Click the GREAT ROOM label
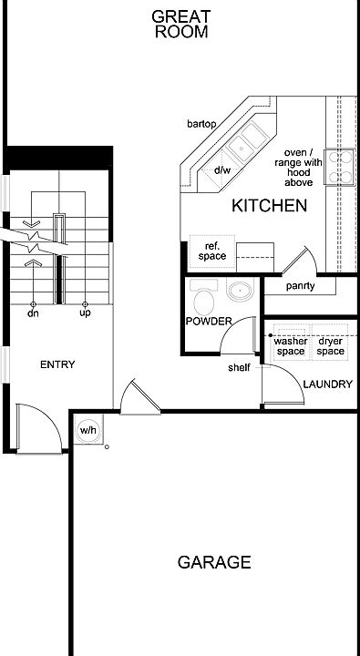point(180,25)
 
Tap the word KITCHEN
point(269,206)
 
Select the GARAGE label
point(214,562)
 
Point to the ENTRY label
point(57,364)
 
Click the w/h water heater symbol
point(87,430)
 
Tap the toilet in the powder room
point(203,296)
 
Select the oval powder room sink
point(240,291)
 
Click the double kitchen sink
point(247,141)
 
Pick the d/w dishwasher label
point(222,169)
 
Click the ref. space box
point(211,251)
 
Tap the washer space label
point(291,346)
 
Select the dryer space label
point(330,346)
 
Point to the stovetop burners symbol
point(341,167)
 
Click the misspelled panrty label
point(301,287)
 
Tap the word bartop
point(201,124)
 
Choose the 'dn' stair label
point(33,313)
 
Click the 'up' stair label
point(85,313)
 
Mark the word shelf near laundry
point(239,368)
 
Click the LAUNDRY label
point(328,384)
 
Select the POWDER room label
point(209,322)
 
